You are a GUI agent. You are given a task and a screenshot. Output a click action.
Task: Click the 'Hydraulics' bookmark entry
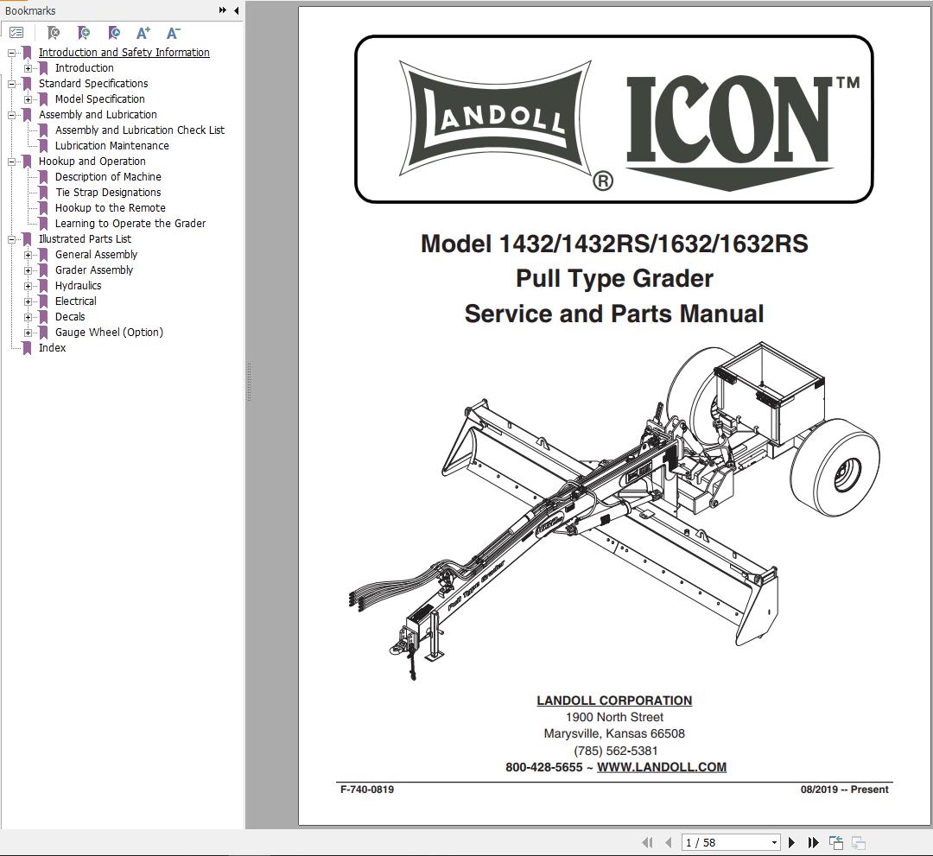[x=78, y=286]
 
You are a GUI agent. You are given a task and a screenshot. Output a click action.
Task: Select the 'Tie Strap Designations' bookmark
[x=108, y=193]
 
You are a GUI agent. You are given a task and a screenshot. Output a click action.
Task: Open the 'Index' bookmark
[x=52, y=348]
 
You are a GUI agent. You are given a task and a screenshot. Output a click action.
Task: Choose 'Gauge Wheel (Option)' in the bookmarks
[x=109, y=333]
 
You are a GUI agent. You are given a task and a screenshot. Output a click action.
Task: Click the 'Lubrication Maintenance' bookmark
[x=111, y=146]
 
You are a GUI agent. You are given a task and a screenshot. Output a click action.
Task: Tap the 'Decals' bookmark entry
[x=70, y=317]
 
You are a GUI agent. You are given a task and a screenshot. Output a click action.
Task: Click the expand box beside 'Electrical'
[x=29, y=301]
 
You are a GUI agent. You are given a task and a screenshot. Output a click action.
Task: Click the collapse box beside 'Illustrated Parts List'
[x=12, y=239]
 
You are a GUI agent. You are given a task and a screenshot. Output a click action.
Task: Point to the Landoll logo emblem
[x=494, y=118]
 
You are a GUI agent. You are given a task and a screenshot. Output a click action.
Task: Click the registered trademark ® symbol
[x=603, y=181]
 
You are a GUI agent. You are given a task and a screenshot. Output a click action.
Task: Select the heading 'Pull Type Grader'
[x=614, y=279]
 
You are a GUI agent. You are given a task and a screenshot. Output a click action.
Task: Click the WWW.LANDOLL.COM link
[x=661, y=767]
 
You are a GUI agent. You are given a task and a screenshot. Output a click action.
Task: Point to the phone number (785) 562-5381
[x=615, y=751]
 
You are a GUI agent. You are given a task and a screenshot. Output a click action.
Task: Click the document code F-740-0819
[x=367, y=789]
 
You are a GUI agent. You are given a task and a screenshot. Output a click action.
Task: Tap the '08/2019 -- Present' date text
[x=844, y=789]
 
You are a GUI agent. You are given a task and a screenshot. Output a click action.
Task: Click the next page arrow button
[x=791, y=842]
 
